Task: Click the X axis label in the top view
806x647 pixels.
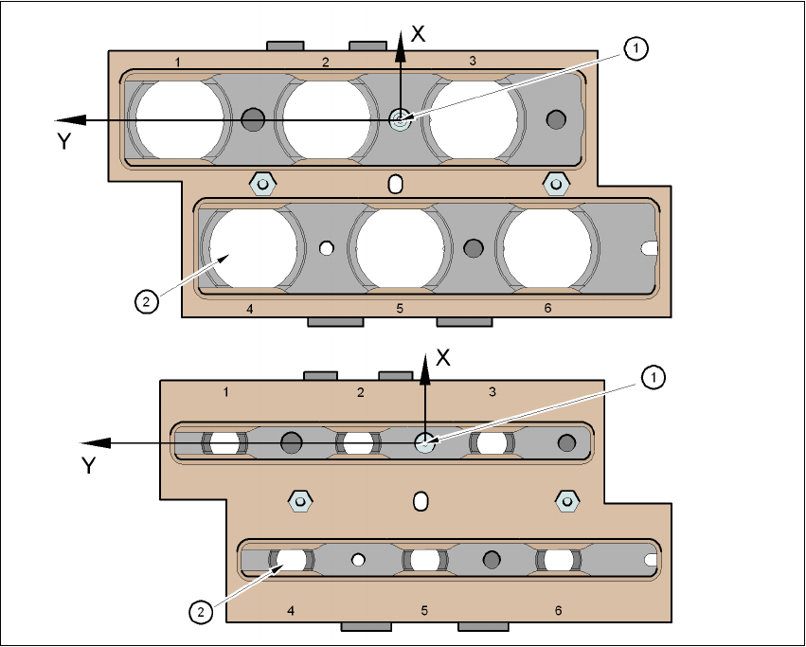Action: [419, 34]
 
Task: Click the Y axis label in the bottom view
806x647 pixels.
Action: [88, 465]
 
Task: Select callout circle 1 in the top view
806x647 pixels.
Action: [636, 48]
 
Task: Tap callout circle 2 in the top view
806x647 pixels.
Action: [145, 302]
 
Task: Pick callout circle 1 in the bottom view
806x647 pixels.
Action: [652, 377]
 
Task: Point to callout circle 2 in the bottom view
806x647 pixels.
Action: [200, 612]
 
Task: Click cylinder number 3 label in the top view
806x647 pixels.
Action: [473, 61]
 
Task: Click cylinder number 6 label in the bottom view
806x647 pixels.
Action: [558, 610]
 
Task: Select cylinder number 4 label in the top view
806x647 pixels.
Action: [248, 308]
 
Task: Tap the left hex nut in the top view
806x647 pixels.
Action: [260, 182]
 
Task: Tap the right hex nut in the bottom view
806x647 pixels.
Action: [566, 500]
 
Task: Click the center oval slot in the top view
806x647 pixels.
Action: [397, 182]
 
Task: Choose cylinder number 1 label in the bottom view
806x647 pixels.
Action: [225, 391]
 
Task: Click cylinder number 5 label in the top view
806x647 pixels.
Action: [400, 308]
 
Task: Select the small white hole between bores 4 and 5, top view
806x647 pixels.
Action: [327, 248]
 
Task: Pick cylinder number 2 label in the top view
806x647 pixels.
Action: [325, 63]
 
